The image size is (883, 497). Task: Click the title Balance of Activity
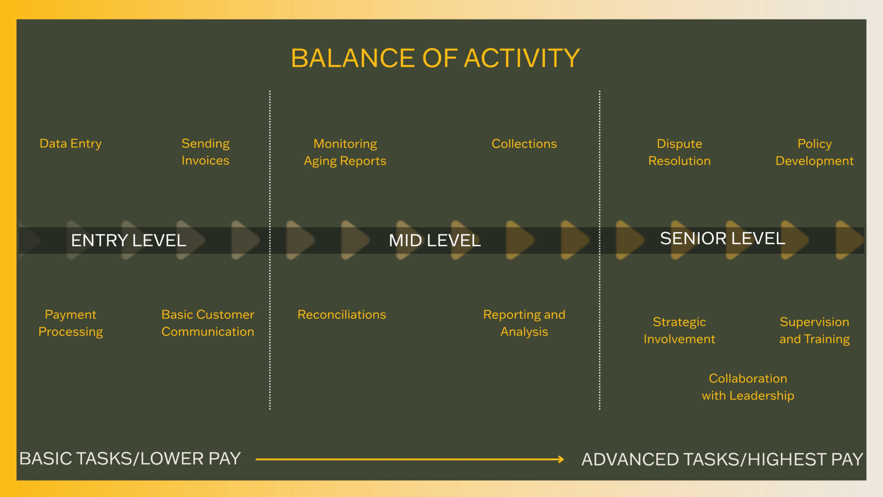[435, 58]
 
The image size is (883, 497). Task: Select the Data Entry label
[70, 144]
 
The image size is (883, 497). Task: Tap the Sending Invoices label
[205, 152]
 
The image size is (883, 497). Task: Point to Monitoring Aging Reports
[345, 152]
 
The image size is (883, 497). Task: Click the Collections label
[524, 144]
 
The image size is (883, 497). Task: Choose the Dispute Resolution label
[679, 152]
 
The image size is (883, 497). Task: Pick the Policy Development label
[814, 152]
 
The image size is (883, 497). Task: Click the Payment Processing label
[70, 323]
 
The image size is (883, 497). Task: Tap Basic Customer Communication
[208, 323]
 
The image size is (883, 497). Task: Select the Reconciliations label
[342, 315]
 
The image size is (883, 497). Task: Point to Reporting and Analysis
[524, 323]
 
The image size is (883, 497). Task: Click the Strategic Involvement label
[679, 330]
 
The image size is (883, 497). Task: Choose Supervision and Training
[814, 330]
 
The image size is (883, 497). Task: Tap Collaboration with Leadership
[748, 387]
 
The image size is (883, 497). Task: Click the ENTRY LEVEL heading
[129, 240]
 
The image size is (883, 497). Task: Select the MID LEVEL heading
[435, 240]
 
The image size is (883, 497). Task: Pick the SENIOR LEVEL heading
[722, 238]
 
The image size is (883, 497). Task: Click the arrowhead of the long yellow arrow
[561, 459]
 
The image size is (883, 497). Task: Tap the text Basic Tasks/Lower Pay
[130, 459]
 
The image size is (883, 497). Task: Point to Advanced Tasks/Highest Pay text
[722, 459]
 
